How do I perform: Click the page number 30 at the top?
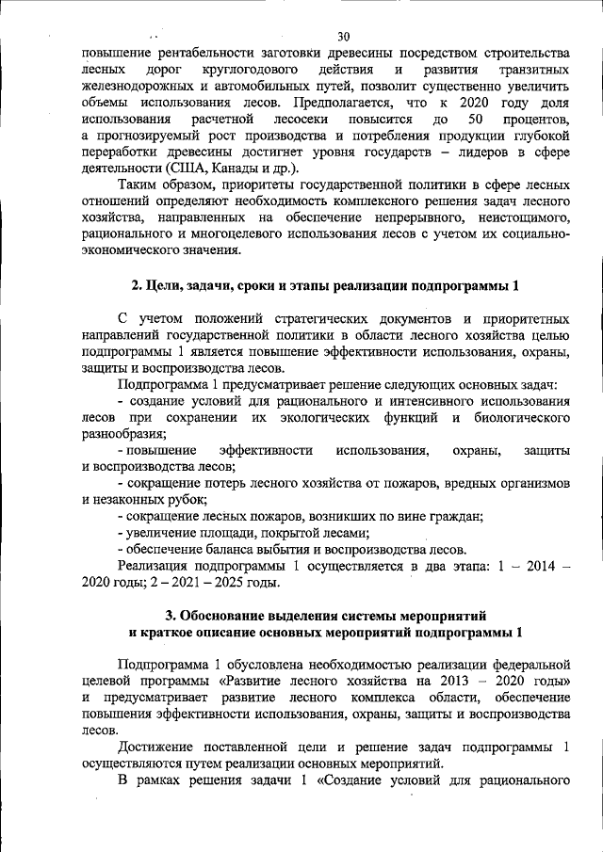pyautogui.click(x=343, y=37)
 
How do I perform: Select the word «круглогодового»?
pyautogui.click(x=248, y=71)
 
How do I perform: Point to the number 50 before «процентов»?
pyautogui.click(x=475, y=120)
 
